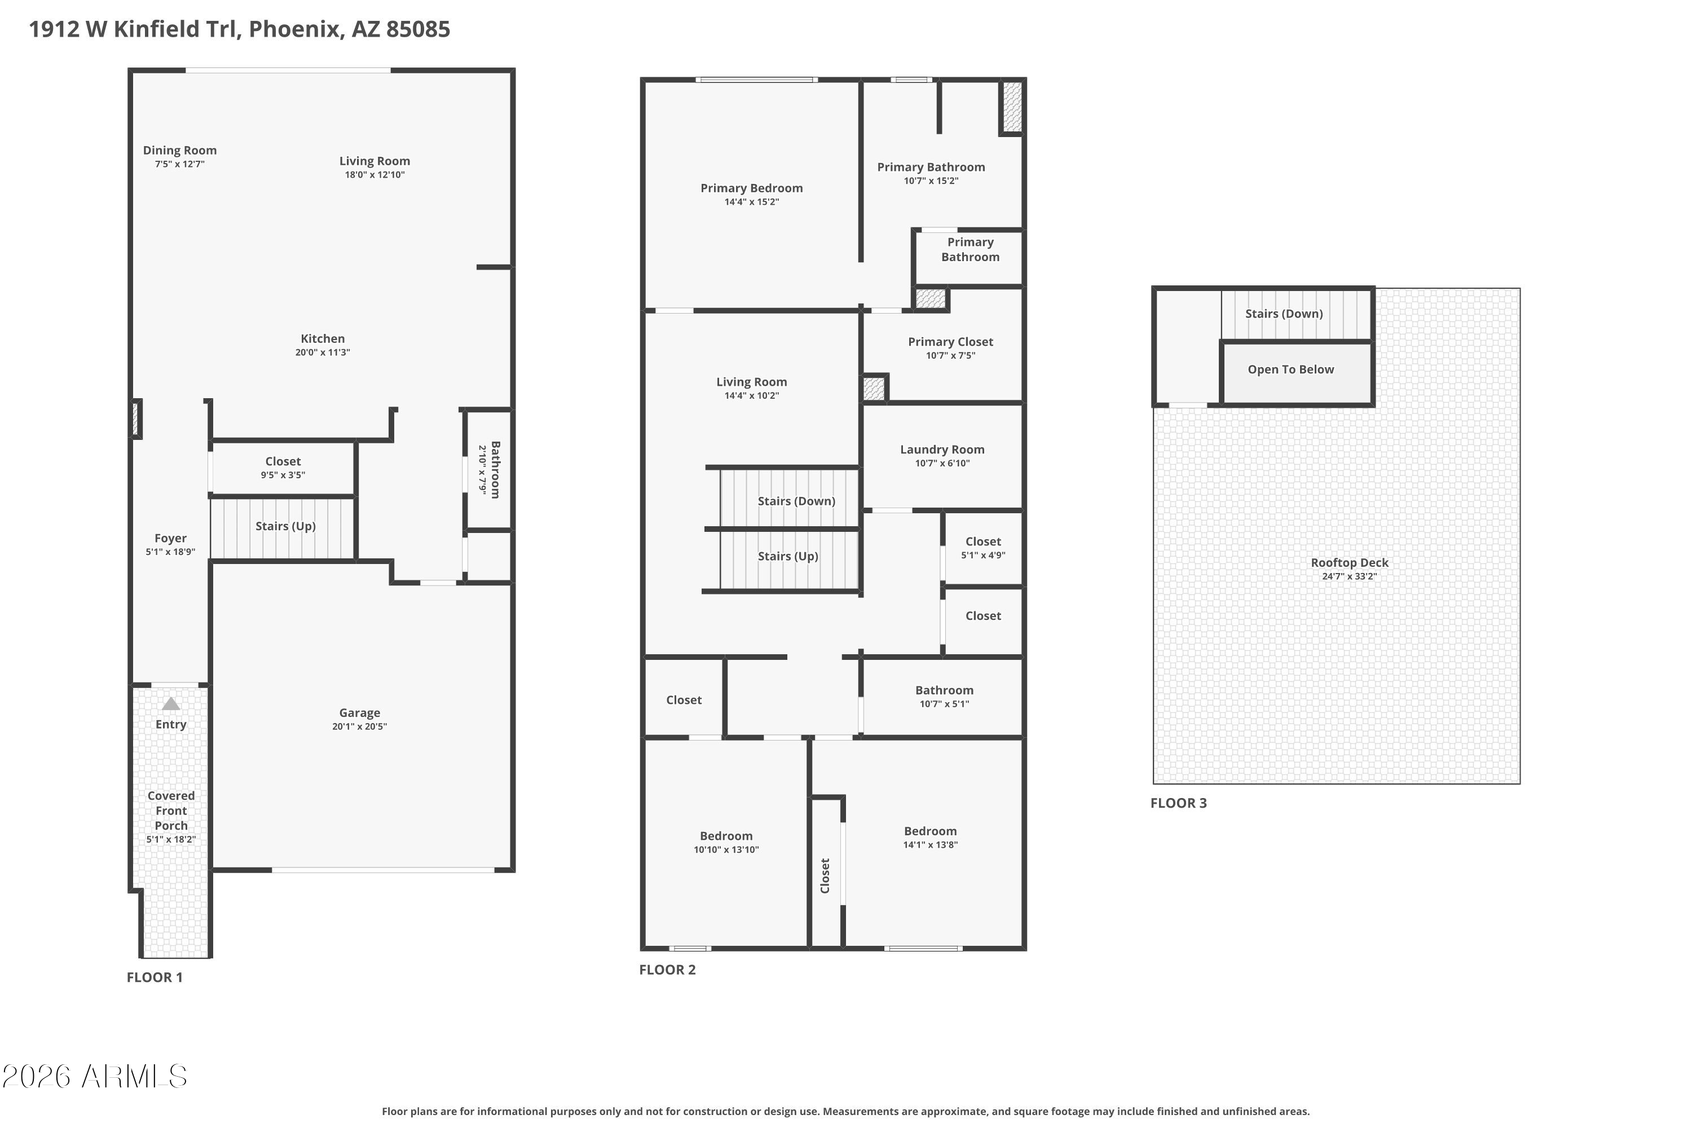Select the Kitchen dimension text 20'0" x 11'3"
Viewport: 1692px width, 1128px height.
pos(322,352)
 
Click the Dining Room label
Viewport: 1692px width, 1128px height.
pos(179,151)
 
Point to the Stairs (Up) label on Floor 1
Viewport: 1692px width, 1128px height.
pos(285,526)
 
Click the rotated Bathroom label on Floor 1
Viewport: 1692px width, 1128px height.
pos(495,469)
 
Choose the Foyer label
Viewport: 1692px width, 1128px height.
pos(170,538)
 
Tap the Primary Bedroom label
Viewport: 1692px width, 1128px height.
pos(751,188)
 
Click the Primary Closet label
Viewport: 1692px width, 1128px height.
pos(950,342)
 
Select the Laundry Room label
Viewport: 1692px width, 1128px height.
pos(942,450)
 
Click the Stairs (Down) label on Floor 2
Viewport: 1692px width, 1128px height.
pos(796,501)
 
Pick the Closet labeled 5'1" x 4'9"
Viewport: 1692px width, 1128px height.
pos(982,541)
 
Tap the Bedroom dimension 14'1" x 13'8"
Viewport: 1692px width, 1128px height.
pos(930,844)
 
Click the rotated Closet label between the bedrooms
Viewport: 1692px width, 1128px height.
pos(825,875)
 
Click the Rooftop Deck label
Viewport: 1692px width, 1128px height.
pos(1349,562)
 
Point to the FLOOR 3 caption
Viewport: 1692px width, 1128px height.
pos(1178,803)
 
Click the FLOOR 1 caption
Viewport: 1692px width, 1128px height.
pos(155,977)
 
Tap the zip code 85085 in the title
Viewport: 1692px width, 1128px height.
pos(418,29)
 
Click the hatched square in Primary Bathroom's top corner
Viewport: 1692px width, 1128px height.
pos(1012,106)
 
